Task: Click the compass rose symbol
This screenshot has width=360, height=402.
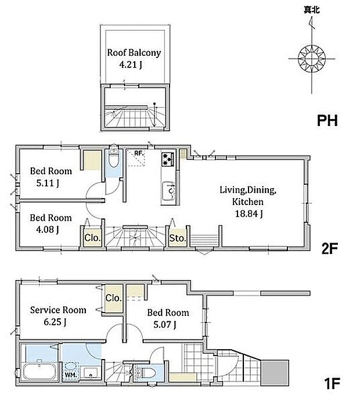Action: pyautogui.click(x=312, y=59)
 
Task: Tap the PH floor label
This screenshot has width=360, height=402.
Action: pyautogui.click(x=327, y=120)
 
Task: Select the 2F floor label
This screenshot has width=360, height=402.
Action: pyautogui.click(x=330, y=248)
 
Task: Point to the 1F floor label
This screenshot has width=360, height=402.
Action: pyautogui.click(x=332, y=383)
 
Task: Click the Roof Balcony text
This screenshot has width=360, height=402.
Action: pyautogui.click(x=134, y=52)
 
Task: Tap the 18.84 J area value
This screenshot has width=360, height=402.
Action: pyautogui.click(x=249, y=214)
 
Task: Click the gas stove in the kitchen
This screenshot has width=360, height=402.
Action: pyautogui.click(x=168, y=159)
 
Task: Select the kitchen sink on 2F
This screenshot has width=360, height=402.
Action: pyautogui.click(x=169, y=190)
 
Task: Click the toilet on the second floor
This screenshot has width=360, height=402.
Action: pyautogui.click(x=113, y=157)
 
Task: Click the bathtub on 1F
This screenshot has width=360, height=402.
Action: pyautogui.click(x=39, y=371)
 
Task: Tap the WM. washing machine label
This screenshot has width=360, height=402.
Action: pyautogui.click(x=71, y=375)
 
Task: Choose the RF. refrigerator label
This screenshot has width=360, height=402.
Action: pyautogui.click(x=139, y=153)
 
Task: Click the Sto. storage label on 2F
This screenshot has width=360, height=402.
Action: pyautogui.click(x=177, y=238)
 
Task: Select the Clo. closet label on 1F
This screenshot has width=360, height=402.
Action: pyautogui.click(x=113, y=298)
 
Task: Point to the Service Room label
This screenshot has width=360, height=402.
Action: pyautogui.click(x=58, y=310)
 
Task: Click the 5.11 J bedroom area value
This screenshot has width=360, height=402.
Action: pyautogui.click(x=48, y=184)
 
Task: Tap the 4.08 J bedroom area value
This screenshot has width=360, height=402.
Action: pyautogui.click(x=48, y=229)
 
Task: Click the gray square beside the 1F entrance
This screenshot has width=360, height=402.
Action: pyautogui.click(x=275, y=373)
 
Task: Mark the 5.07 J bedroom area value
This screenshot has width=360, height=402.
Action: pyautogui.click(x=165, y=325)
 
